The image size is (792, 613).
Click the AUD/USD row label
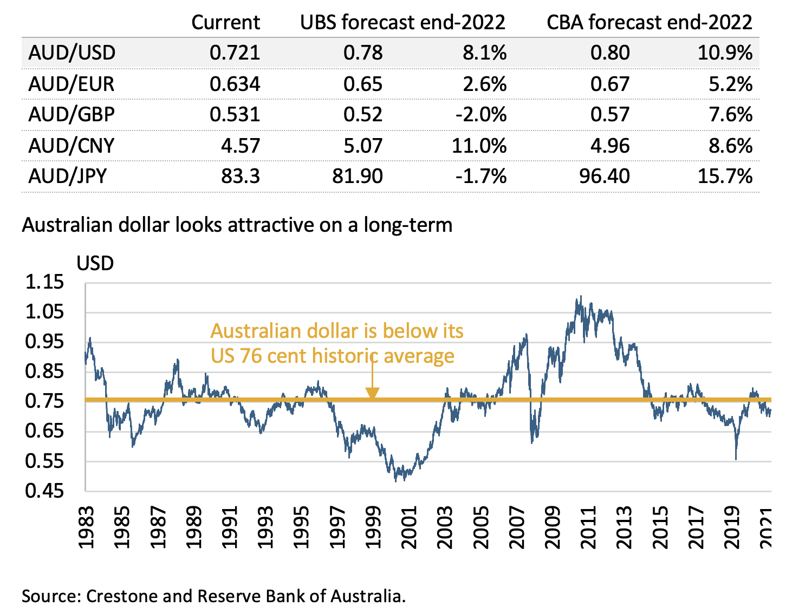click(72, 53)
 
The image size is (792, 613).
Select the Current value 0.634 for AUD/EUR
click(235, 84)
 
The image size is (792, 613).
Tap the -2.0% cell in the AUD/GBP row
click(481, 114)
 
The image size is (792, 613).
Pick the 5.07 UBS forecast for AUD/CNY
click(363, 146)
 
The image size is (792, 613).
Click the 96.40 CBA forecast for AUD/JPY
click(604, 176)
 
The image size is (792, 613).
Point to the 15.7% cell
click(725, 176)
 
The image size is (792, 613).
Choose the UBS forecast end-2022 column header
click(403, 22)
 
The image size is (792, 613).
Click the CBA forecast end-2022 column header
click(650, 22)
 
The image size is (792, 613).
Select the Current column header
click(225, 22)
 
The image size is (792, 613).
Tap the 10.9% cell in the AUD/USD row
click(725, 53)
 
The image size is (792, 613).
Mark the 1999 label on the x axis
click(372, 527)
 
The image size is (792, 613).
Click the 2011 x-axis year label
click(588, 527)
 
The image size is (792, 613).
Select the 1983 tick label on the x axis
click(86, 527)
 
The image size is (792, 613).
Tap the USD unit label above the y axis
click(95, 263)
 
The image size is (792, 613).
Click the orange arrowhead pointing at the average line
click(372, 394)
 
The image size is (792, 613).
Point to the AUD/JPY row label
click(68, 176)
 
